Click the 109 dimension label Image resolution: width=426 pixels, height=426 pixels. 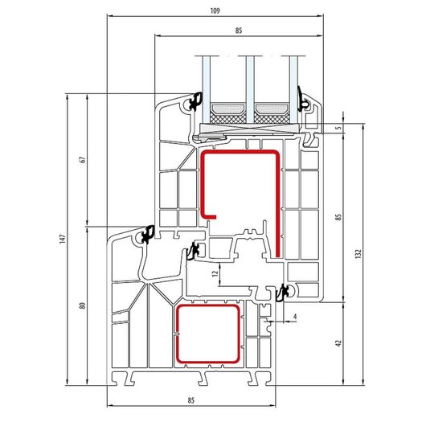[215, 11]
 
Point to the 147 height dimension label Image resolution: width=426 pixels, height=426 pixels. [63, 239]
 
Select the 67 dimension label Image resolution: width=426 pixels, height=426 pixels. [83, 159]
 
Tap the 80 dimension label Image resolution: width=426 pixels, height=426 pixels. [83, 305]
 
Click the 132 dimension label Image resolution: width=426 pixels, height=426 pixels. [358, 253]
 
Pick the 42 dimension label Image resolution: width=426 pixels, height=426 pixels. [338, 343]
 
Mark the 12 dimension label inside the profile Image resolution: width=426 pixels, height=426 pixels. [215, 273]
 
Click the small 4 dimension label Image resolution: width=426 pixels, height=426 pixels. [295, 317]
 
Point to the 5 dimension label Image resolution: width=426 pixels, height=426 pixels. [338, 128]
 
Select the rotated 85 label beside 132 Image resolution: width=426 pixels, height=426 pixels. [338, 217]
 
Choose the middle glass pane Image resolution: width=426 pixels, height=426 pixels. [250, 90]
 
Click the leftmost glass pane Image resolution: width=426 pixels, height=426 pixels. [207, 90]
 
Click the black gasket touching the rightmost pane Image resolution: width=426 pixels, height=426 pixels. [302, 100]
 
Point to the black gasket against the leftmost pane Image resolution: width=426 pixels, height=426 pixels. [196, 101]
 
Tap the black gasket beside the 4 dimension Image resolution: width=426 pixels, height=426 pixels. [283, 293]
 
